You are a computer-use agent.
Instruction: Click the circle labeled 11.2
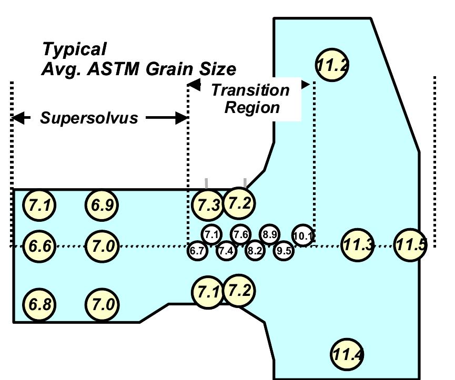pyautogui.click(x=332, y=65)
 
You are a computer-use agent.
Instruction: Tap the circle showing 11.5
pyautogui.click(x=411, y=244)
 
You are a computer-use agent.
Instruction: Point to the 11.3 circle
pyautogui.click(x=358, y=244)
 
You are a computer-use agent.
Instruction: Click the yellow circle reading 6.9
pyautogui.click(x=101, y=206)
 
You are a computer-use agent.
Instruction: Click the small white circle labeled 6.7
pyautogui.click(x=197, y=251)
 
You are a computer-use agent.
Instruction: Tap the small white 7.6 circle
pyautogui.click(x=241, y=234)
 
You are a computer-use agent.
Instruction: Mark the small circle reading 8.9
pyautogui.click(x=270, y=234)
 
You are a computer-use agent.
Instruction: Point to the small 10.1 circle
pyautogui.click(x=303, y=235)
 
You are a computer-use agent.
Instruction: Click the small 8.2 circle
pyautogui.click(x=255, y=251)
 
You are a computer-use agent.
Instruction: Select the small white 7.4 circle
pyautogui.click(x=226, y=251)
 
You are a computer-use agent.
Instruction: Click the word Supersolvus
pyautogui.click(x=89, y=118)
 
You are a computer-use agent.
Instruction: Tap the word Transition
pyautogui.click(x=250, y=90)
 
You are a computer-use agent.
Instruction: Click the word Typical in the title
pyautogui.click(x=74, y=49)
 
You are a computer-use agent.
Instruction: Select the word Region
pyautogui.click(x=252, y=108)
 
